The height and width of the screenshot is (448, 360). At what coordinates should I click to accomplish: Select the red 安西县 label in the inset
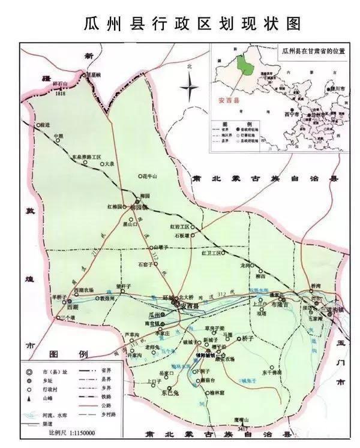click(x=229, y=100)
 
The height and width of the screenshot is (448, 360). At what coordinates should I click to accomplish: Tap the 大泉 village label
click(x=108, y=163)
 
